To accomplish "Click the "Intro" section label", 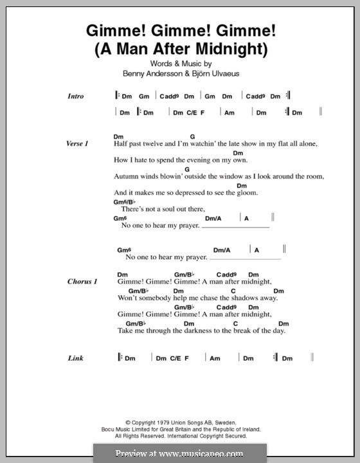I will pos(75,96).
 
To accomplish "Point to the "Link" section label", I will pos(76,358).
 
